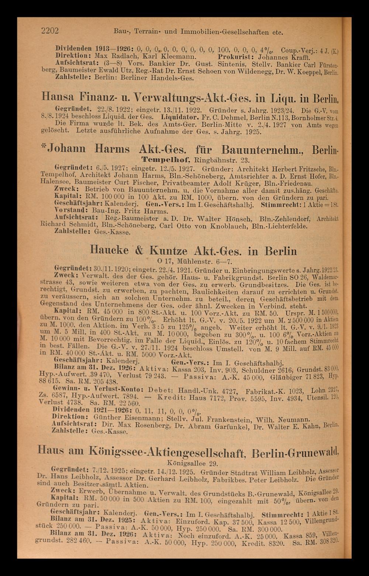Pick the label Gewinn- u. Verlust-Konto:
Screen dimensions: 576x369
pos(98,390)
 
